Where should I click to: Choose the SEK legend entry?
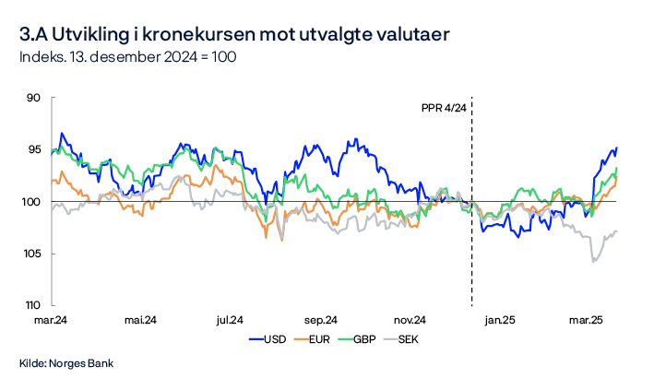408,339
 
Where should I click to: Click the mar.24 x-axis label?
51,320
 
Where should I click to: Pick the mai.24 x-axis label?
139,320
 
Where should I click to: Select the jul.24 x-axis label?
229,320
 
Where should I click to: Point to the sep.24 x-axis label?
318,320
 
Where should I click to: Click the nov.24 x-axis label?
408,320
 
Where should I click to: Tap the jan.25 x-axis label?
500,320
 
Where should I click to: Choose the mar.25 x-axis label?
585,320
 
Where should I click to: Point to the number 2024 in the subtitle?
161,57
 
